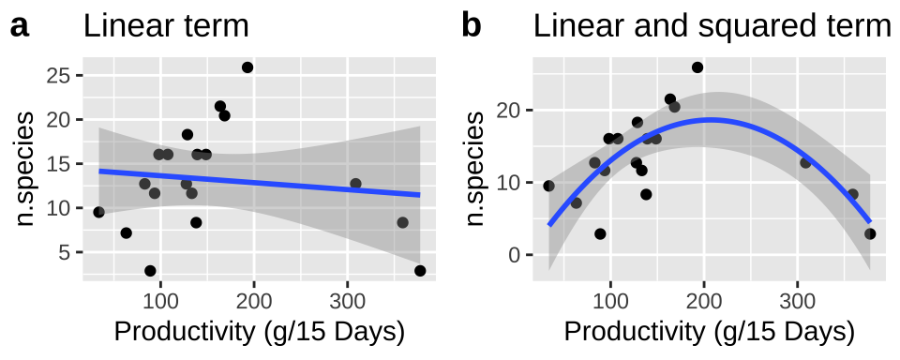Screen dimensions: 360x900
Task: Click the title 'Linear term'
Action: point(166,26)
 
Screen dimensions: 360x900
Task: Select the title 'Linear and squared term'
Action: point(712,26)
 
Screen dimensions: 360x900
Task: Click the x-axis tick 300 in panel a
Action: point(347,299)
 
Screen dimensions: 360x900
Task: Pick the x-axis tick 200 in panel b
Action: point(704,299)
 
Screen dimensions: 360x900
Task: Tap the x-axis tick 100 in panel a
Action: point(160,299)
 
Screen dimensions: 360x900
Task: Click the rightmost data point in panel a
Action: point(420,271)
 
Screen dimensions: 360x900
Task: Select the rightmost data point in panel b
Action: point(870,234)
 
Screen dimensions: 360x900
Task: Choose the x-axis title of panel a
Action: point(259,333)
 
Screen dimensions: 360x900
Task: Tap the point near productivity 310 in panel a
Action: point(355,184)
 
